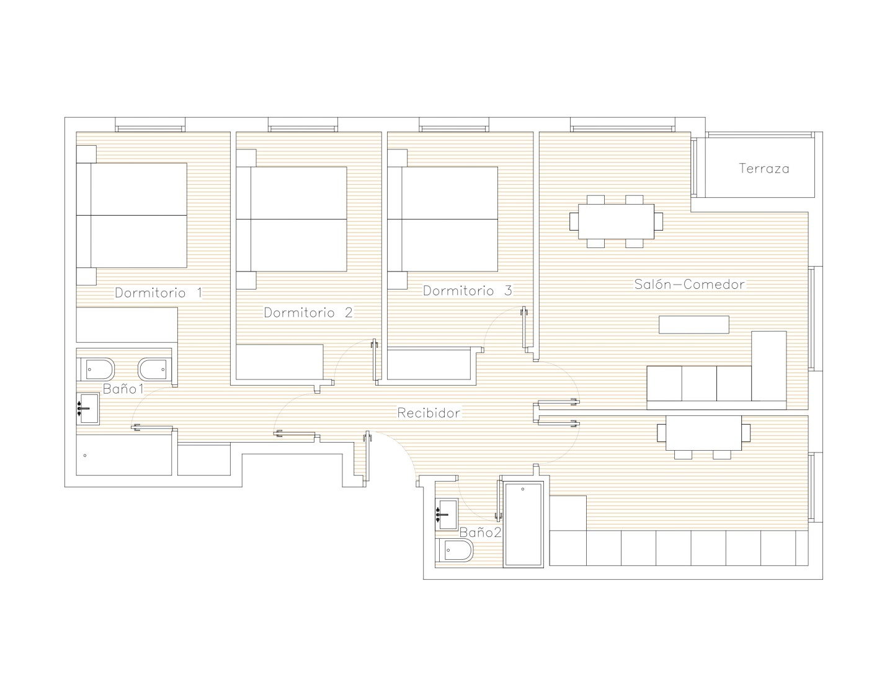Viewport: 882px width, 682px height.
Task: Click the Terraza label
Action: pos(764,169)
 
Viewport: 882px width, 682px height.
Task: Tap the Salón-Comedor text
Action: pos(689,284)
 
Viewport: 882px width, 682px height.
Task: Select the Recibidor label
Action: pos(429,413)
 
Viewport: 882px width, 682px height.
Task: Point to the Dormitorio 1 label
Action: pos(159,293)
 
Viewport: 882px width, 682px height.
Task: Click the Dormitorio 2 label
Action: pos(308,312)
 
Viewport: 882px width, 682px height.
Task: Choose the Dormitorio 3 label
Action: pos(468,291)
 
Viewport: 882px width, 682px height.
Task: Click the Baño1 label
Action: pos(123,389)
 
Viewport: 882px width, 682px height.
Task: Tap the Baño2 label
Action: pos(480,533)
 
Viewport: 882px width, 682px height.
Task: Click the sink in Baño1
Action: pos(87,408)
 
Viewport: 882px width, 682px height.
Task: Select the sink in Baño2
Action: pos(447,514)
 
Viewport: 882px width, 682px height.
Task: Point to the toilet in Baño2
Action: pos(454,551)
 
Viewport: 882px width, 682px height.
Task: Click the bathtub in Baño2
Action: pos(523,525)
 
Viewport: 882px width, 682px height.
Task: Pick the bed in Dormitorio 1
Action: pos(131,215)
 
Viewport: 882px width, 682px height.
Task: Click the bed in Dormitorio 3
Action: pos(443,219)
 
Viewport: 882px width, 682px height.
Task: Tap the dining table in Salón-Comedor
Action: pos(616,221)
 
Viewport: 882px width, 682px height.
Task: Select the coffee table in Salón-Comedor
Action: pos(693,324)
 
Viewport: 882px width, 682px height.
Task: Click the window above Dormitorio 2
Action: pos(303,125)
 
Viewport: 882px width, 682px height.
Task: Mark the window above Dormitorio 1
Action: pos(150,125)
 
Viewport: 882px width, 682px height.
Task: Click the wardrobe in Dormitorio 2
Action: pos(280,362)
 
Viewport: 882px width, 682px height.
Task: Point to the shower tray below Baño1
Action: pos(124,455)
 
